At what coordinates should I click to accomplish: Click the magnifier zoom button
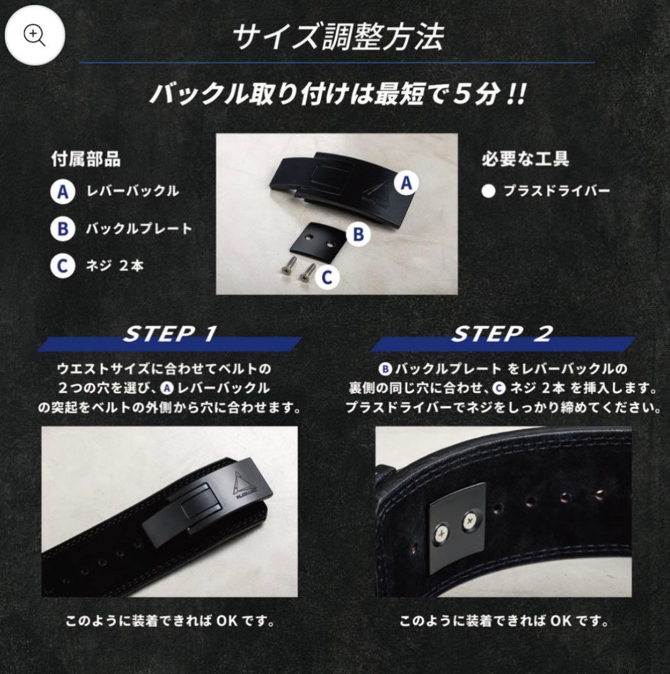point(34,35)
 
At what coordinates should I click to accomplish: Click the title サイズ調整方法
point(338,37)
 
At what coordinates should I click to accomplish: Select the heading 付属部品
point(86,159)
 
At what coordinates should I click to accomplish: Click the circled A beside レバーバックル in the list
point(63,192)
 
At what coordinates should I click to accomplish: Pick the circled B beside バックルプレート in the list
point(63,228)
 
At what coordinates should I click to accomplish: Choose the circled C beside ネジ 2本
point(63,266)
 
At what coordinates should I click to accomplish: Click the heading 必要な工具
point(526,159)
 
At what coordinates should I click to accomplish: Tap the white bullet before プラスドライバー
point(488,192)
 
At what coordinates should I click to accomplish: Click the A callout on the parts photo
point(406,183)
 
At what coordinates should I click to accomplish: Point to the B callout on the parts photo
point(358,234)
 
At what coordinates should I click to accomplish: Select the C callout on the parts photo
point(327,277)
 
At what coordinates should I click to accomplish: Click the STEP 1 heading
point(169,333)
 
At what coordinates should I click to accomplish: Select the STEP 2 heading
point(501,333)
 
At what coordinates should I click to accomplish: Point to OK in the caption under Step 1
point(227,621)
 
